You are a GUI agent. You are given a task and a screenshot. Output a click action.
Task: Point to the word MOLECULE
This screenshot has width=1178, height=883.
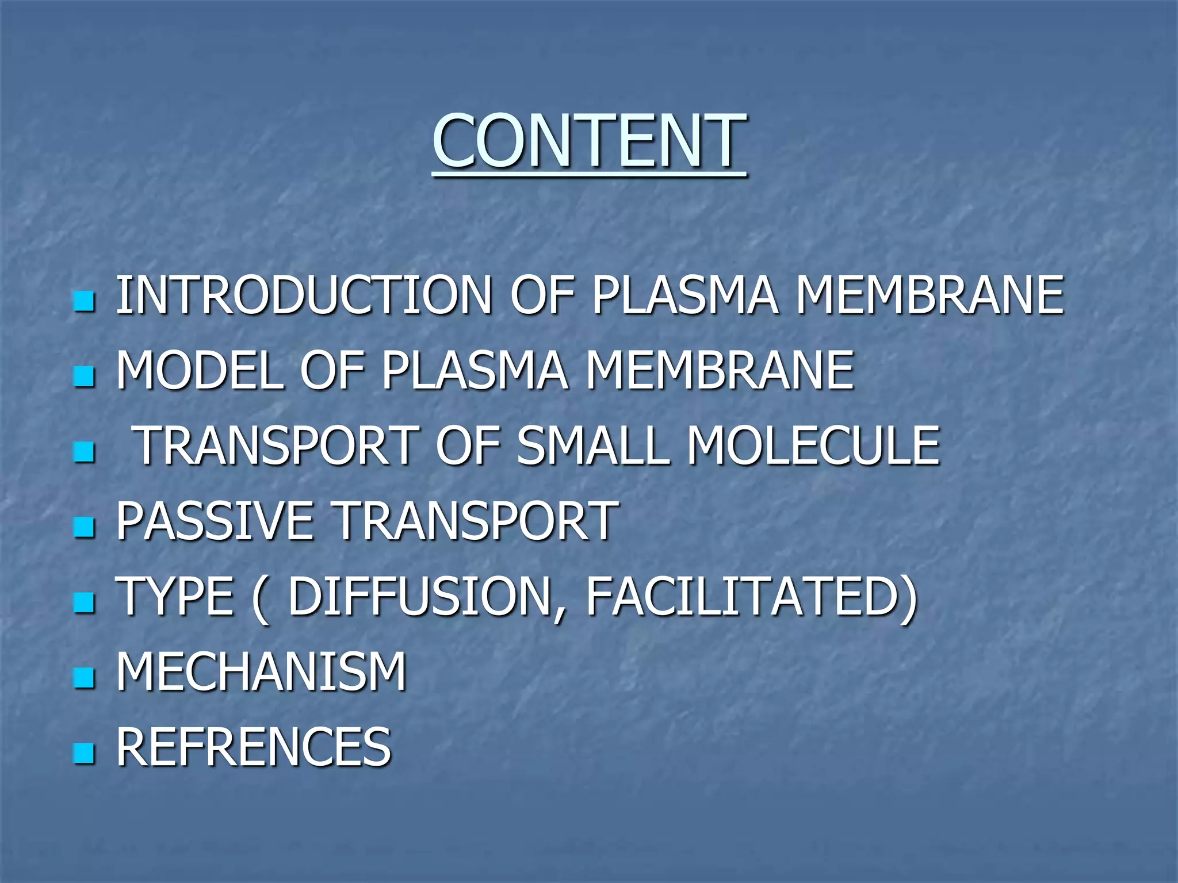(813, 446)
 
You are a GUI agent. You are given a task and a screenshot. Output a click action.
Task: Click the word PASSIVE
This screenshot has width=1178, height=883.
(215, 521)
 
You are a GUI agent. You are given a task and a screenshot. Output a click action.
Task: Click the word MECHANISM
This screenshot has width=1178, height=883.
(261, 671)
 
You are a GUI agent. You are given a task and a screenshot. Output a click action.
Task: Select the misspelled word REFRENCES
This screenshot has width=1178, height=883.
(253, 746)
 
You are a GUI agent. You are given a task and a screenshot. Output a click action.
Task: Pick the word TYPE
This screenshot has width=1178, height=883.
(174, 596)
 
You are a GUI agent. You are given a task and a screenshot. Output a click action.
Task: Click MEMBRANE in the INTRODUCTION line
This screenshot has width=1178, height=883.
(928, 295)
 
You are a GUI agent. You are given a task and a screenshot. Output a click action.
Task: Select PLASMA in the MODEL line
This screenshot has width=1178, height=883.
(475, 371)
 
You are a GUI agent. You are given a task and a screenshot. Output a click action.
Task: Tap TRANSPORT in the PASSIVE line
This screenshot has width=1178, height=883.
(475, 521)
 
